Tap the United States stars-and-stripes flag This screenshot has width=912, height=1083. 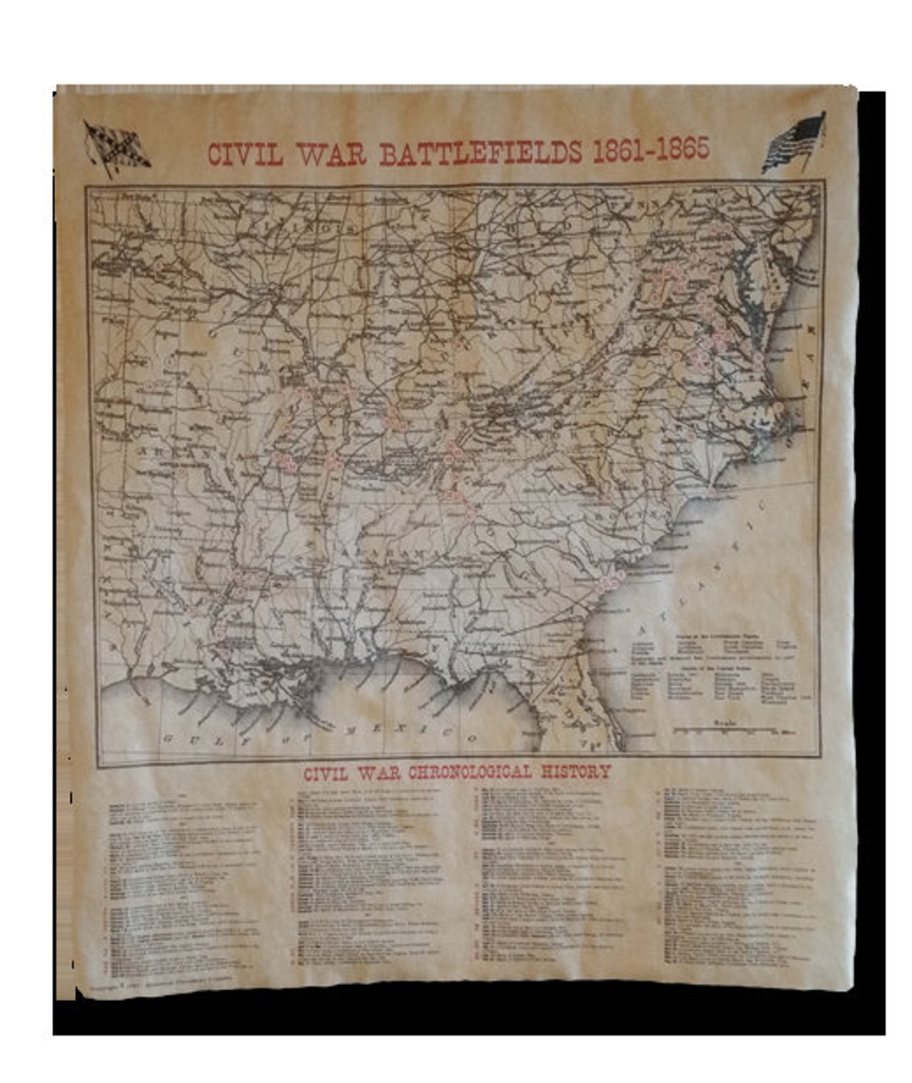(794, 143)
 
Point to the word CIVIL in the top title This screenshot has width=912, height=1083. (246, 155)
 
